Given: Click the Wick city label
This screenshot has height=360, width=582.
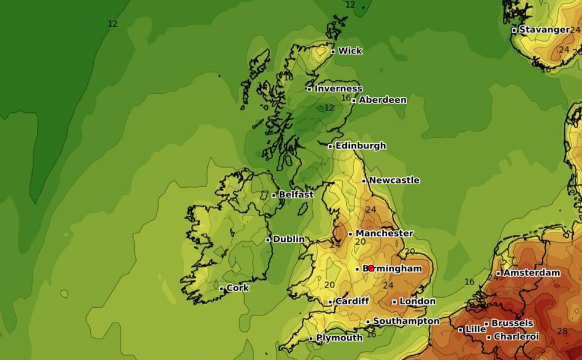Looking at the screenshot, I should (350, 51).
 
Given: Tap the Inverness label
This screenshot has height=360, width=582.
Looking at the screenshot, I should (338, 89).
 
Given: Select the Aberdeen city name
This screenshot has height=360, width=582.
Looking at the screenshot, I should (382, 100).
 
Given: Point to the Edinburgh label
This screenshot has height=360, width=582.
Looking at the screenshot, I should (360, 146).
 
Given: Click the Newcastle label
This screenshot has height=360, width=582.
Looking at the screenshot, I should (394, 180).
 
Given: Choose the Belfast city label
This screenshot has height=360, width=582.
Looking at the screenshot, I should (296, 194).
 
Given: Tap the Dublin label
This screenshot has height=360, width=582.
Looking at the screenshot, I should (289, 239).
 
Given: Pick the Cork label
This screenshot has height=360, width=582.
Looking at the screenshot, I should (238, 288).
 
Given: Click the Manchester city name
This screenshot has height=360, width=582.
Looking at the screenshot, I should (384, 233).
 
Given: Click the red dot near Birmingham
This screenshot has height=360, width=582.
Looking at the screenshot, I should (371, 268).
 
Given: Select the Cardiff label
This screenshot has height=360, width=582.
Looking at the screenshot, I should (352, 301).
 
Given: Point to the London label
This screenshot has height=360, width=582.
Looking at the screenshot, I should (417, 301).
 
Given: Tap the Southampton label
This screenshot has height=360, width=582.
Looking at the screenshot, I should (406, 321).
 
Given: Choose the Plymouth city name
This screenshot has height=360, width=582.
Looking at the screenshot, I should (339, 338).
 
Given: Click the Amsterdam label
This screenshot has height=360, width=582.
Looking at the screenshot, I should (532, 273).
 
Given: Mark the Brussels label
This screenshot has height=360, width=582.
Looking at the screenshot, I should (512, 323).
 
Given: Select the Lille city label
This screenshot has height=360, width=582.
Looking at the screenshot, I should (475, 329).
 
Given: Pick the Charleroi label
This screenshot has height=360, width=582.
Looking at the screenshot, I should (517, 337).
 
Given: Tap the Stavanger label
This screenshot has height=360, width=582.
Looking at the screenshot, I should (545, 30).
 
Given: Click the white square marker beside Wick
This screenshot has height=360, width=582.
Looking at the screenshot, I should (333, 52).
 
